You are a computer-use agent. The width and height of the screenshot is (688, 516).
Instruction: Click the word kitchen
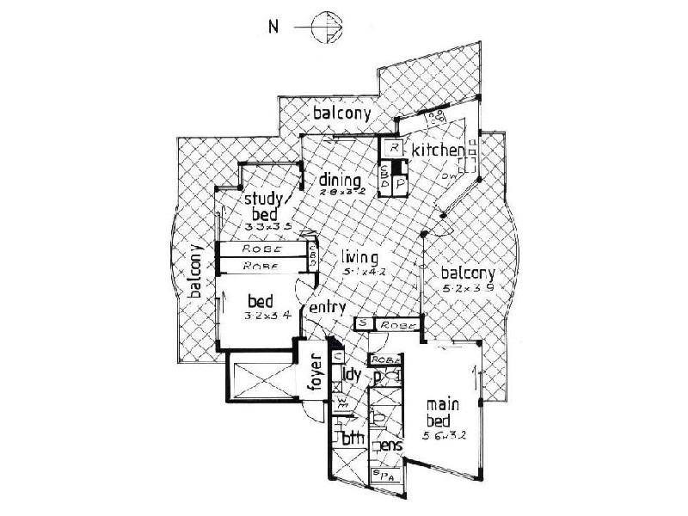click(438, 152)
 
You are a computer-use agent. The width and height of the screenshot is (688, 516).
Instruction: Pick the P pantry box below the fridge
click(400, 183)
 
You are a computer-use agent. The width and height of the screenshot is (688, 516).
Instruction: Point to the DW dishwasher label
click(449, 178)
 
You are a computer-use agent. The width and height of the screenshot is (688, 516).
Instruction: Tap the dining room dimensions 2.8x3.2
click(337, 193)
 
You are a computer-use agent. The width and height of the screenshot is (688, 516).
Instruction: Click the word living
click(360, 255)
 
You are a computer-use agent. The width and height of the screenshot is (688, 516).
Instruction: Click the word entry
click(328, 307)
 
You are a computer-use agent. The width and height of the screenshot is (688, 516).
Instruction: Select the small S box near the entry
click(364, 323)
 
